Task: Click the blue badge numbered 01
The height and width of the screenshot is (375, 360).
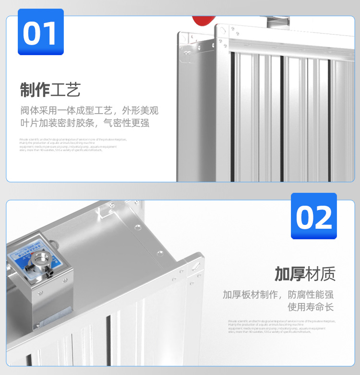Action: (40, 32)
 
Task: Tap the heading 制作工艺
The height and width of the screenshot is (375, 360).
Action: (50, 90)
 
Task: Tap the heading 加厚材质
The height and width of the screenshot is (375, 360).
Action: (305, 274)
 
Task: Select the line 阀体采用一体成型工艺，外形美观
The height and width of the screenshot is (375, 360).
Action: (89, 110)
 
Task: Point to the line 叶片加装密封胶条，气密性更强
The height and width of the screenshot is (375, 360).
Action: (84, 123)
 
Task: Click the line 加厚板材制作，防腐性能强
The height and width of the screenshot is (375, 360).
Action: (278, 294)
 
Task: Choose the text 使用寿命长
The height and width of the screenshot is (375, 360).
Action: (310, 307)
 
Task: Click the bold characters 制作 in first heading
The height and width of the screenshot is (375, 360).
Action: (35, 90)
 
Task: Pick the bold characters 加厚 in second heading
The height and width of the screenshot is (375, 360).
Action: (289, 274)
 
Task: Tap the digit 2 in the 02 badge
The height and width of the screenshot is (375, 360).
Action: (324, 217)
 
